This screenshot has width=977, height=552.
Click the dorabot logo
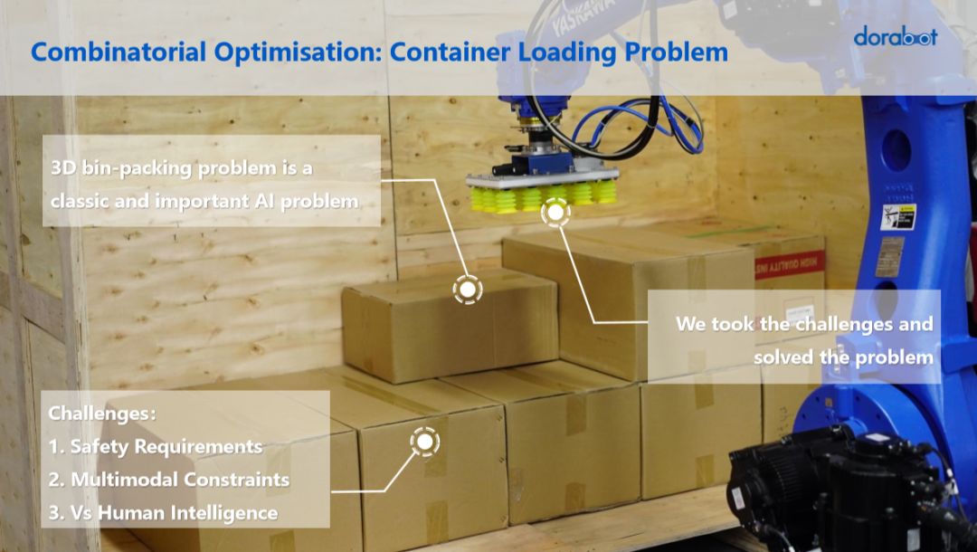896,37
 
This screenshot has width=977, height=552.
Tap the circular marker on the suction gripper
555,214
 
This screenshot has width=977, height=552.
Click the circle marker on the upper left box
467,290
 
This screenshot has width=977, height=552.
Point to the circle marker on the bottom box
423,442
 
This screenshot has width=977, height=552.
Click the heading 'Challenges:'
101,414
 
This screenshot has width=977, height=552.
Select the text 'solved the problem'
843,357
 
